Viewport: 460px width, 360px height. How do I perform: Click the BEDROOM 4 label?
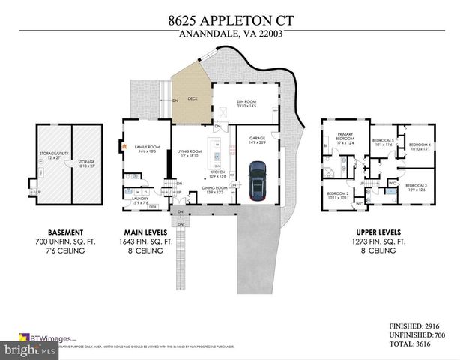tap(420, 145)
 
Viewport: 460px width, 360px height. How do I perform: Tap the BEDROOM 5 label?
tap(384, 140)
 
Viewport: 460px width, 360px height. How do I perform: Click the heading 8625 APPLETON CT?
tap(229, 22)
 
